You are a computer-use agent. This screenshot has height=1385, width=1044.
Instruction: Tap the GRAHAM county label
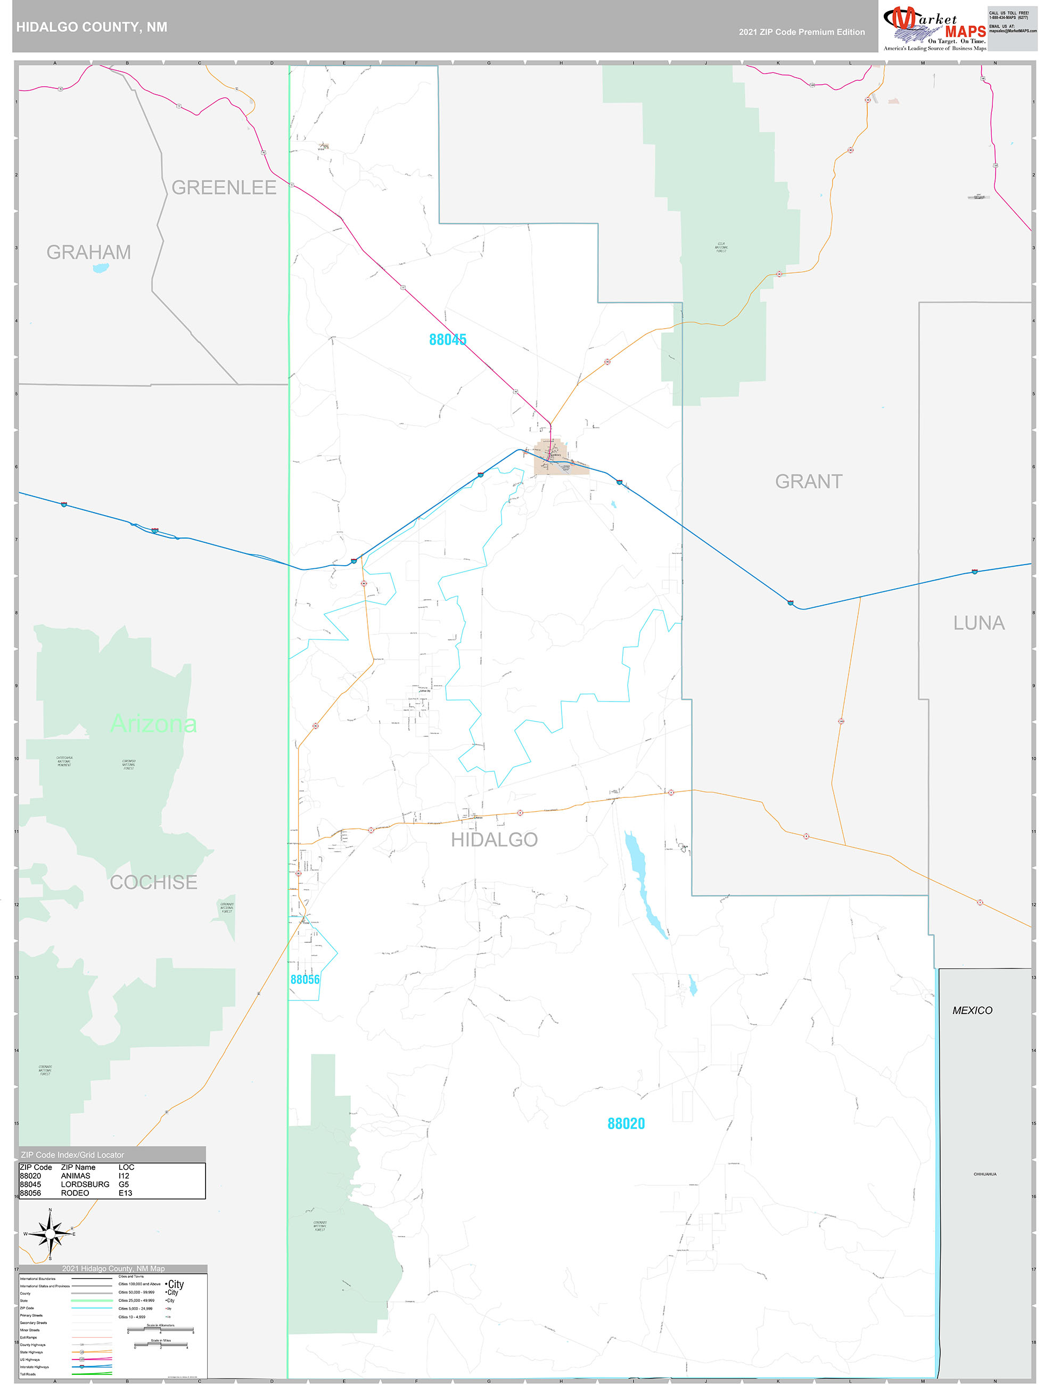88,252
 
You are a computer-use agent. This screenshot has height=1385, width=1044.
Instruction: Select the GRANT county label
808,482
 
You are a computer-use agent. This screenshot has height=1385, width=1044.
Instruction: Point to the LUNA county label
979,623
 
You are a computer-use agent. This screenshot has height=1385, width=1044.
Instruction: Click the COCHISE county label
153,882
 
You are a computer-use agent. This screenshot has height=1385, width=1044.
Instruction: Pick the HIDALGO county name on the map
494,840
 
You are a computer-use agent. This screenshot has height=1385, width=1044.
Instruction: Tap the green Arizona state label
153,724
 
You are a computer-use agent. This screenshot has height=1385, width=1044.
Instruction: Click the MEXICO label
972,1010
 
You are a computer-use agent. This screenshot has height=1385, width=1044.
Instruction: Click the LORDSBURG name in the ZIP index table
85,1184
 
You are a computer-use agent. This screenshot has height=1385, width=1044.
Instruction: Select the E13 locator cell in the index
125,1193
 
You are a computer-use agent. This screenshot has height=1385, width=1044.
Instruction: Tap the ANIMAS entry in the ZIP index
75,1176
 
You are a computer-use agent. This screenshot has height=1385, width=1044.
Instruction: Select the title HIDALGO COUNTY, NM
92,27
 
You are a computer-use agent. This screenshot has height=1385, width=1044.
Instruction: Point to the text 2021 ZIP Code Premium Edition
801,32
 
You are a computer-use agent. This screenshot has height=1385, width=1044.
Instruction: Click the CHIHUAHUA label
984,1174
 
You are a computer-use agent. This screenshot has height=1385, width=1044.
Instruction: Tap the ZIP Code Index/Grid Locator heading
72,1154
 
